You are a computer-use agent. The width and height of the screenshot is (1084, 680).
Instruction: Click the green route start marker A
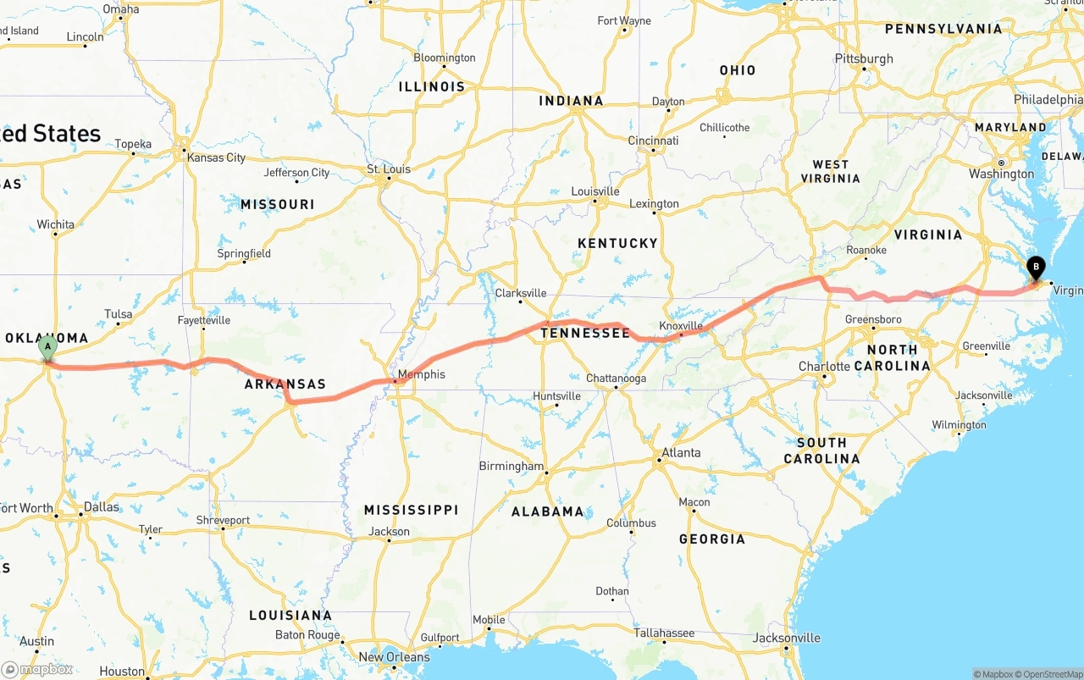(48, 346)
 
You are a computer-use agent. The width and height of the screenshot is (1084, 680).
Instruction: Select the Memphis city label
(421, 374)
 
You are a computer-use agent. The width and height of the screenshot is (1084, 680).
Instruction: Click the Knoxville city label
(681, 326)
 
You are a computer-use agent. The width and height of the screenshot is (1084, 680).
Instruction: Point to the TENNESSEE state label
(585, 333)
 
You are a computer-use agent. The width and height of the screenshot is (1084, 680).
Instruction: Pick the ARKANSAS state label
(285, 384)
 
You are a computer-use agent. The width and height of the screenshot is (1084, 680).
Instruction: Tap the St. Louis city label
(389, 169)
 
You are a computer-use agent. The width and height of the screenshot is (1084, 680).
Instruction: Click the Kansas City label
(216, 158)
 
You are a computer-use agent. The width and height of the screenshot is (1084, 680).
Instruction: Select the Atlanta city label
(681, 452)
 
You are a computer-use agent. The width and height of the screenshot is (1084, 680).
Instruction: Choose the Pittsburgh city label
(864, 58)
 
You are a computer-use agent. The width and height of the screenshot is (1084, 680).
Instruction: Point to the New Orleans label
(394, 657)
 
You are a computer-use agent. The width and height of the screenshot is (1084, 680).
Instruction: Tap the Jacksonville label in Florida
(786, 638)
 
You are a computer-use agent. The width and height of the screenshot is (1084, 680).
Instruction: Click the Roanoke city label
(866, 250)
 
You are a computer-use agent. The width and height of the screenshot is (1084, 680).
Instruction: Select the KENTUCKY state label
(617, 243)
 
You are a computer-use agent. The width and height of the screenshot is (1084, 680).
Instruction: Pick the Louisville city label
(595, 191)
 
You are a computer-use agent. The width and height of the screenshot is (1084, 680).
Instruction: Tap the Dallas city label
(102, 506)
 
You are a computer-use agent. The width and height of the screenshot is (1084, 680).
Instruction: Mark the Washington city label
(1002, 174)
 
